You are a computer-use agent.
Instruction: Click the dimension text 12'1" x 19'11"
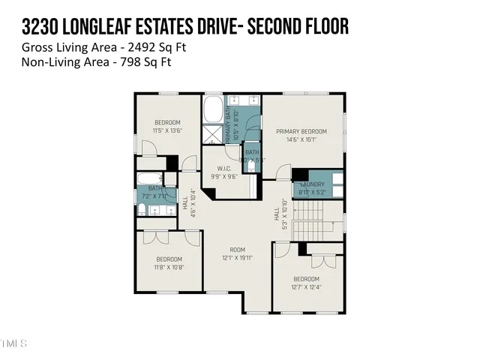pyautogui.click(x=238, y=257)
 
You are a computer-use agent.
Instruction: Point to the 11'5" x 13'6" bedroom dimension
pyautogui.click(x=167, y=130)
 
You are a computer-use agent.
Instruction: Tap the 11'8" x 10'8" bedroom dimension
pyautogui.click(x=169, y=266)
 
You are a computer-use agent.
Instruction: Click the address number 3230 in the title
pyautogui.click(x=41, y=28)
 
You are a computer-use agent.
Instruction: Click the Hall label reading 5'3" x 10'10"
pyautogui.click(x=279, y=214)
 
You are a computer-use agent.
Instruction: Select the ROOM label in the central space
pyautogui.click(x=238, y=249)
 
